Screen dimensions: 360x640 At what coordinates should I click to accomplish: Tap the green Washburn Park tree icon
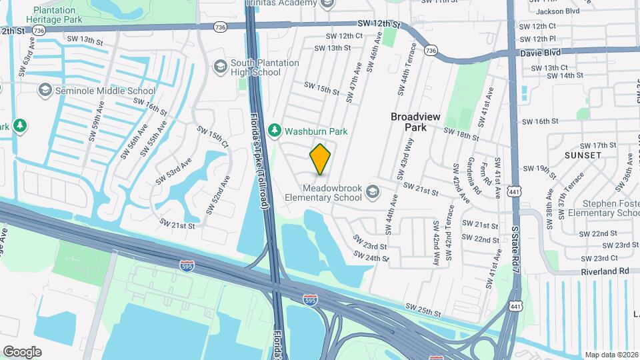click(273, 131)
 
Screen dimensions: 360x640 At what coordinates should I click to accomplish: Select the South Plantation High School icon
click(220, 66)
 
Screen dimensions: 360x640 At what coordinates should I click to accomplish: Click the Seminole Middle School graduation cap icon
click(45, 91)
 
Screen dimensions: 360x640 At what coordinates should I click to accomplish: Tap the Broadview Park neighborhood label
click(416, 121)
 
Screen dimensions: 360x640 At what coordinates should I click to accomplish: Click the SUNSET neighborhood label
click(583, 155)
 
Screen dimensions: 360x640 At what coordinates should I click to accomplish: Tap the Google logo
click(22, 351)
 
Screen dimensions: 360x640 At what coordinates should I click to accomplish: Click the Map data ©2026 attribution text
click(611, 355)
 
